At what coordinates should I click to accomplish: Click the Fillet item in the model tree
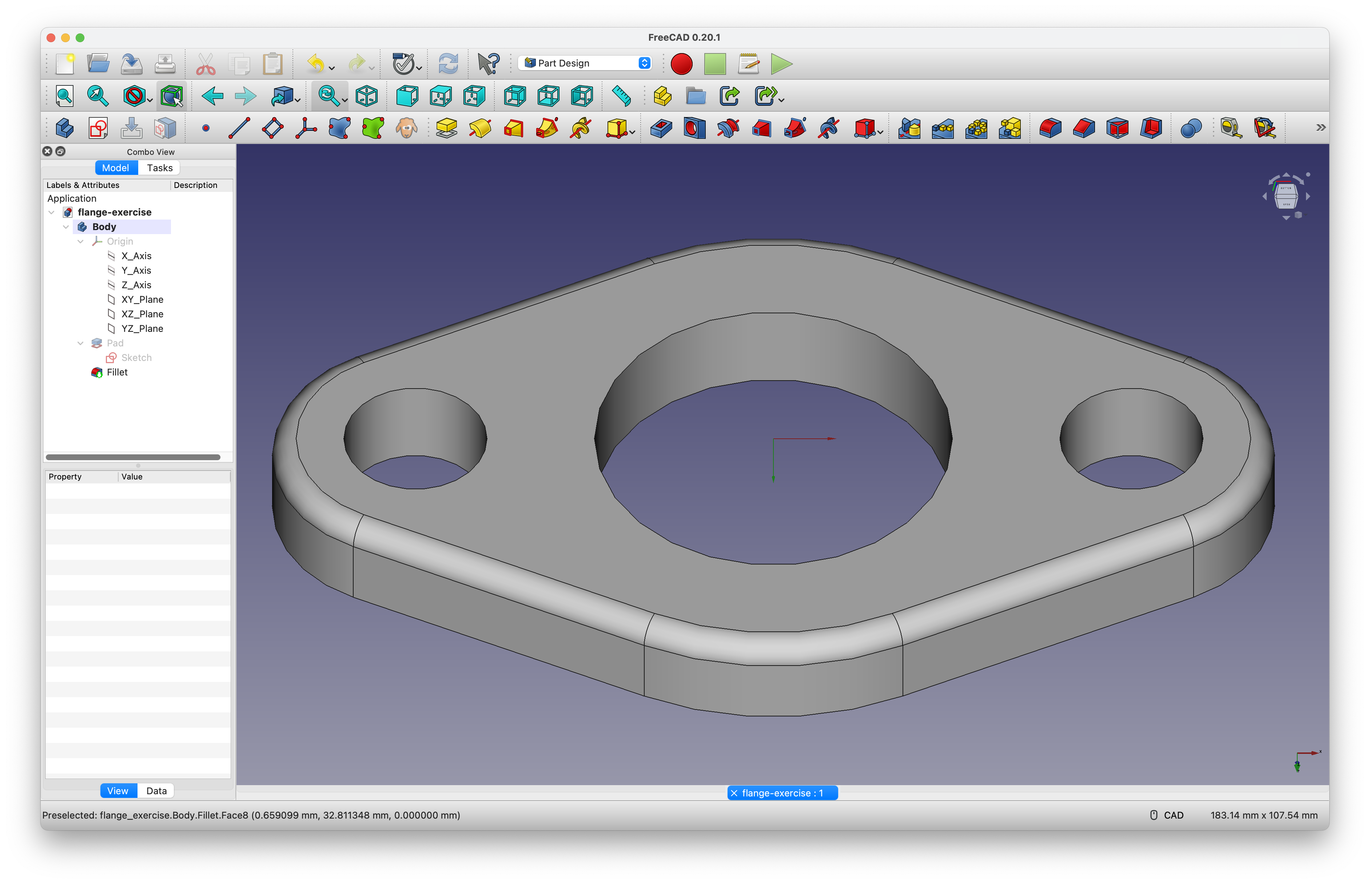tap(117, 372)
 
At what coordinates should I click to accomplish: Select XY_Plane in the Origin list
tap(142, 299)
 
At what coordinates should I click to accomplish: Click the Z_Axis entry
tap(136, 285)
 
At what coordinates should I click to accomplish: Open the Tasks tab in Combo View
tap(159, 168)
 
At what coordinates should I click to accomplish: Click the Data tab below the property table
tap(156, 791)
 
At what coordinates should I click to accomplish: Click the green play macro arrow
tap(781, 64)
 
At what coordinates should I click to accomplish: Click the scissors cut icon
tap(205, 64)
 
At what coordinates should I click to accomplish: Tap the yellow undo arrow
tap(315, 64)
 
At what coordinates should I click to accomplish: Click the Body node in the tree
tap(104, 227)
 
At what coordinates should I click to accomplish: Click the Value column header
tap(132, 477)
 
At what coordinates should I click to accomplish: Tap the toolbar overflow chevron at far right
tap(1321, 128)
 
